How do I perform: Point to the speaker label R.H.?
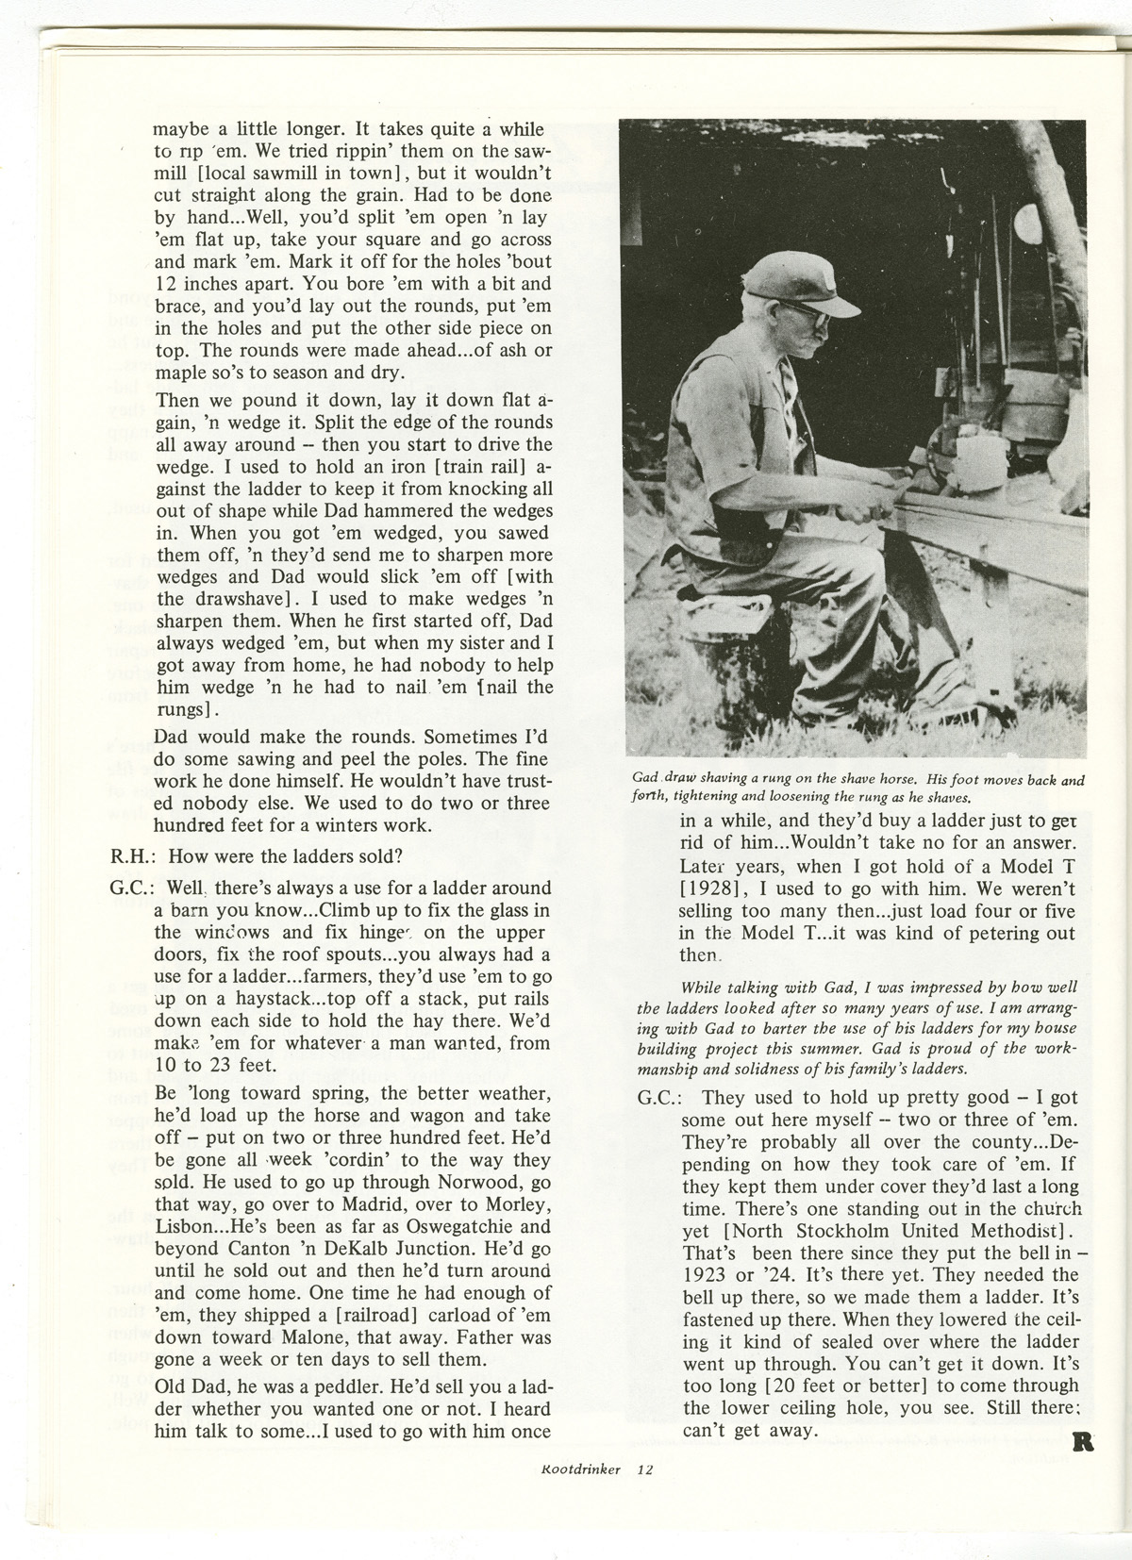pyautogui.click(x=133, y=856)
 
